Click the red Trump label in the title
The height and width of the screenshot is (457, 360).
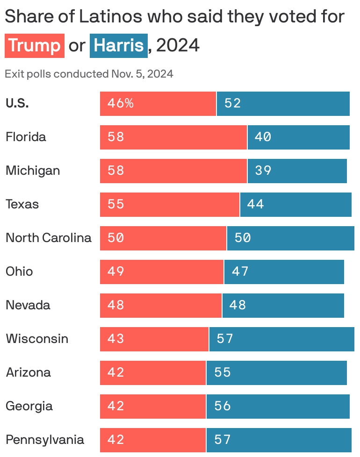(35, 46)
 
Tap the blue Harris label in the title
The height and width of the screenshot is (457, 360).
(118, 46)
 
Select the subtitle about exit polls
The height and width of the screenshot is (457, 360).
(89, 74)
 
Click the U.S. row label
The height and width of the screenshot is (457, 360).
(17, 104)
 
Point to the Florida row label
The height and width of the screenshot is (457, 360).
(26, 137)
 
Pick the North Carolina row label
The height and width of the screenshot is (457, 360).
(48, 238)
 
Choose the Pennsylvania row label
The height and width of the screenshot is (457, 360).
(45, 440)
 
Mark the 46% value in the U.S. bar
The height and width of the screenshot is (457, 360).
(120, 103)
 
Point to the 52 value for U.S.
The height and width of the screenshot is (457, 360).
(232, 103)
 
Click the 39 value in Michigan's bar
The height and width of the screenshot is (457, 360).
(263, 171)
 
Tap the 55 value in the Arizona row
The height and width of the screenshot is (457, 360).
(223, 372)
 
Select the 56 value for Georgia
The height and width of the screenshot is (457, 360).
(223, 406)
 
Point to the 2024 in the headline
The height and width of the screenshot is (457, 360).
(178, 46)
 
